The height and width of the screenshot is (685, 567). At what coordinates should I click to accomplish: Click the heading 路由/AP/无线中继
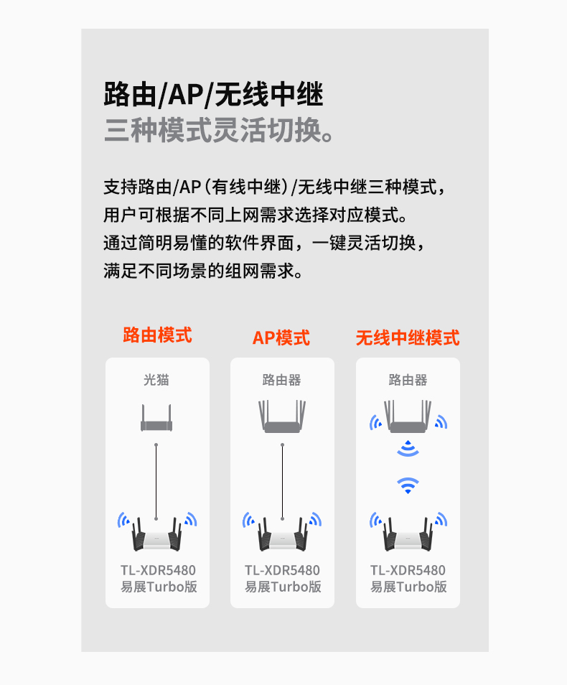(213, 94)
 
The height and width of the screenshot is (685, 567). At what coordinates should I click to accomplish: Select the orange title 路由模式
(157, 335)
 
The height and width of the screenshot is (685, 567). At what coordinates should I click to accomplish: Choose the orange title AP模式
(281, 337)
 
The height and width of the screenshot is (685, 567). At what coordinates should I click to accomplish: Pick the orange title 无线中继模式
(408, 337)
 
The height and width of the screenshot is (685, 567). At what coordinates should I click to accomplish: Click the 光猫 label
(156, 380)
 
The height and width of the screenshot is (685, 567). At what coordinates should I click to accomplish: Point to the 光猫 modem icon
(156, 418)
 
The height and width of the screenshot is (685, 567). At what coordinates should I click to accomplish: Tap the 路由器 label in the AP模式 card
(282, 380)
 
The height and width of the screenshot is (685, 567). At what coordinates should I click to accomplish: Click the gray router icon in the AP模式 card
(282, 416)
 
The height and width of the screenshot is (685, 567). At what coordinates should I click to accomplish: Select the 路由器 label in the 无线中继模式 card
(408, 380)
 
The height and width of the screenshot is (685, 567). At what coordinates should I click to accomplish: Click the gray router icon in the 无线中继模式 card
(408, 416)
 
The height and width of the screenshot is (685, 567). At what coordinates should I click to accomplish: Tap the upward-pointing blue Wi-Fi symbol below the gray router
(408, 449)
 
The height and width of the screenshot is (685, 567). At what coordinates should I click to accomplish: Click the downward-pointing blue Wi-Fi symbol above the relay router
(408, 485)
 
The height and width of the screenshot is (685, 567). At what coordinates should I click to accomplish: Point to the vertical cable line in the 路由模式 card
(156, 481)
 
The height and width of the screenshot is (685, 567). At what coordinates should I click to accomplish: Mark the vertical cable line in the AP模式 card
(282, 481)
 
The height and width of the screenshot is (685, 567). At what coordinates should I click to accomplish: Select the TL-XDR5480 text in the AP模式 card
(282, 570)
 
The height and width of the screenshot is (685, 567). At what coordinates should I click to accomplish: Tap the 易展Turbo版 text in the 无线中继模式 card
(408, 587)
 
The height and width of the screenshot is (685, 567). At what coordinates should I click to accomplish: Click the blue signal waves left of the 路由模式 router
(123, 519)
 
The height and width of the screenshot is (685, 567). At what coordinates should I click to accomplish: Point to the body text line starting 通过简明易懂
(264, 243)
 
